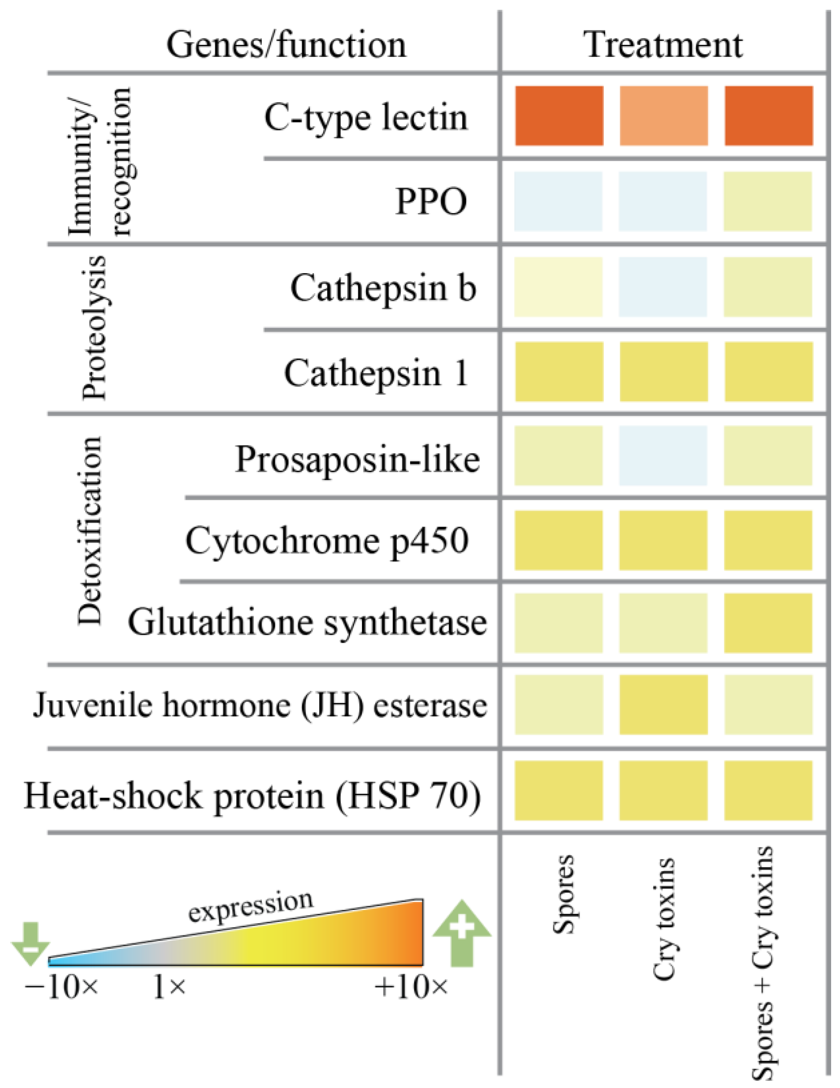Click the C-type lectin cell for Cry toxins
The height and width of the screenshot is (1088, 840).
tap(663, 116)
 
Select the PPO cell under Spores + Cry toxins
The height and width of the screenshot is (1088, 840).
tap(768, 201)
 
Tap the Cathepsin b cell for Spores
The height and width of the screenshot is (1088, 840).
tap(558, 286)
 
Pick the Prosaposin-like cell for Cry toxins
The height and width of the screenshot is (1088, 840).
tap(663, 455)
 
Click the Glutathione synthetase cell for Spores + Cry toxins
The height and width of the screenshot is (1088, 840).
tap(768, 623)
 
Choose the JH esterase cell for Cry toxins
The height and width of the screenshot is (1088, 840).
tap(663, 705)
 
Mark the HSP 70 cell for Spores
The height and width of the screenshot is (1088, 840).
tap(558, 790)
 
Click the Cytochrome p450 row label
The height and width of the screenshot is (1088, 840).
tap(327, 541)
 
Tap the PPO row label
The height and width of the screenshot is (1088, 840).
tap(431, 201)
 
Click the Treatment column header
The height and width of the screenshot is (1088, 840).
tap(663, 45)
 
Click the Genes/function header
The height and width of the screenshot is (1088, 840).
tap(286, 45)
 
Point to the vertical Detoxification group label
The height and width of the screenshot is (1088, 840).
tap(90, 531)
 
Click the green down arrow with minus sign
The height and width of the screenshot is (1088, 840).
tap(31, 943)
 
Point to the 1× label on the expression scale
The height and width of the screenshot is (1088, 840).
tap(169, 987)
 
